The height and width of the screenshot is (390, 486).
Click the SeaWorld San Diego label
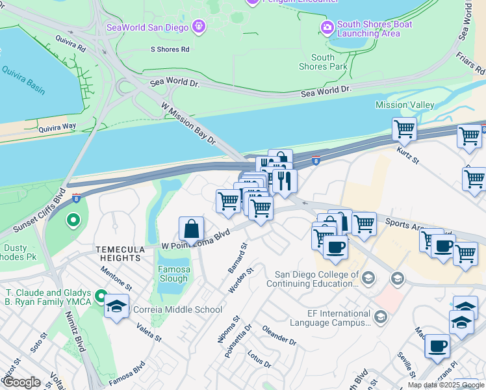147,27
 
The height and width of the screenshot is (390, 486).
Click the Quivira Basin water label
23,79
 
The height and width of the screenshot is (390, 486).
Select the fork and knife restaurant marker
284,181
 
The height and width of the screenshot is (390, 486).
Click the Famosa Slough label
173,274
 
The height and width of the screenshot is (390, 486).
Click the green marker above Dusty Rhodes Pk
73,220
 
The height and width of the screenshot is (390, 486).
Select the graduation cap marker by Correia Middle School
116,307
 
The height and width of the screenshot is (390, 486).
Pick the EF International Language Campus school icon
381,317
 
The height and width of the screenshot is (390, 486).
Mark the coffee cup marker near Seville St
437,346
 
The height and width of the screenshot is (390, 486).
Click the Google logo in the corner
21,382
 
